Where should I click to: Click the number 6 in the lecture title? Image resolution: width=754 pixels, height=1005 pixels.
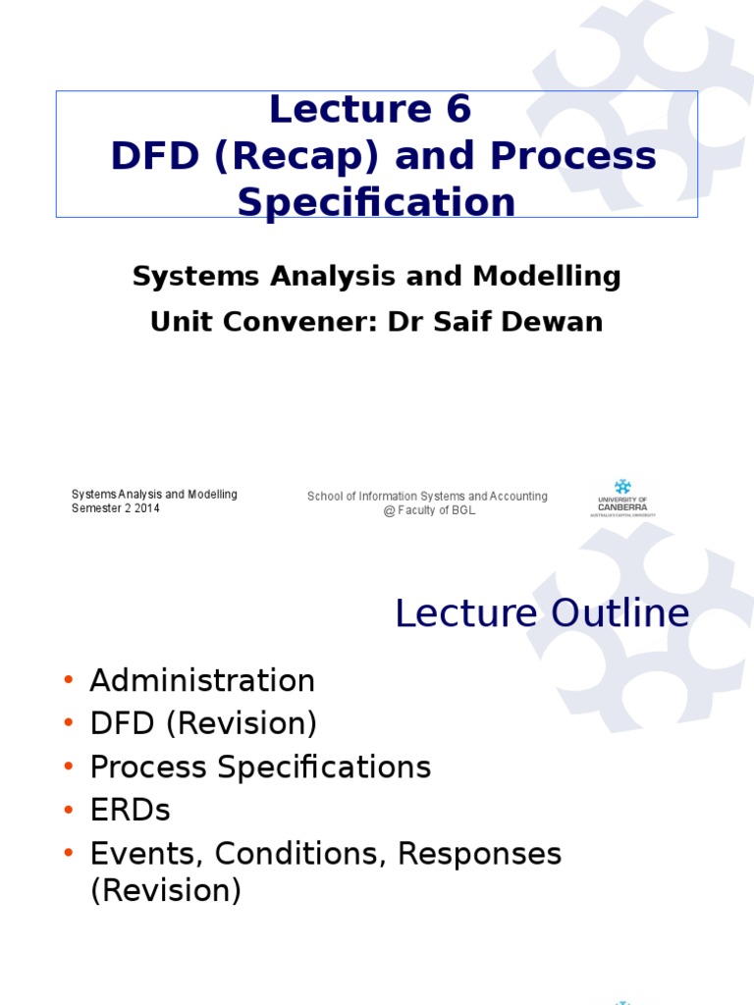point(459,109)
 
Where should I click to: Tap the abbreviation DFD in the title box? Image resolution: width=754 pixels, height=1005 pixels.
point(154,156)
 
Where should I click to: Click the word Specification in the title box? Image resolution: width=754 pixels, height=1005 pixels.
point(376,203)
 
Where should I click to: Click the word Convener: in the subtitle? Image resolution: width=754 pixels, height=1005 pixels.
point(300,321)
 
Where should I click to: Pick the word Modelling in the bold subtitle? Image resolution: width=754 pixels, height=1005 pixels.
point(546,277)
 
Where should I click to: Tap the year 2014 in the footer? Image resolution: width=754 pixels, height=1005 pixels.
point(147,508)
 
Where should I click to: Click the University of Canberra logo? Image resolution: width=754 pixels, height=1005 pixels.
point(622,498)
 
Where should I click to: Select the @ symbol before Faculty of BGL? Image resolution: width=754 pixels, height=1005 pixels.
point(389,510)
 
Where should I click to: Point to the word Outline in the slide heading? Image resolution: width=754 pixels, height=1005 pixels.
point(620,612)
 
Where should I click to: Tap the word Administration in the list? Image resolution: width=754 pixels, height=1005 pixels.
point(202,680)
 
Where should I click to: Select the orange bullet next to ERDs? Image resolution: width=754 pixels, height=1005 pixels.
point(69,810)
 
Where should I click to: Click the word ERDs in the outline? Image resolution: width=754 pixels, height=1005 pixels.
point(131,810)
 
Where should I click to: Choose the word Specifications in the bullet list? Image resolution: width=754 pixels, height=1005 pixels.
point(324,767)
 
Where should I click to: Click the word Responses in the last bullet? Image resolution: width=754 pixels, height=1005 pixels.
point(479,855)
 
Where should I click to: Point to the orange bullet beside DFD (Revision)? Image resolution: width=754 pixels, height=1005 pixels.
point(69,723)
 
